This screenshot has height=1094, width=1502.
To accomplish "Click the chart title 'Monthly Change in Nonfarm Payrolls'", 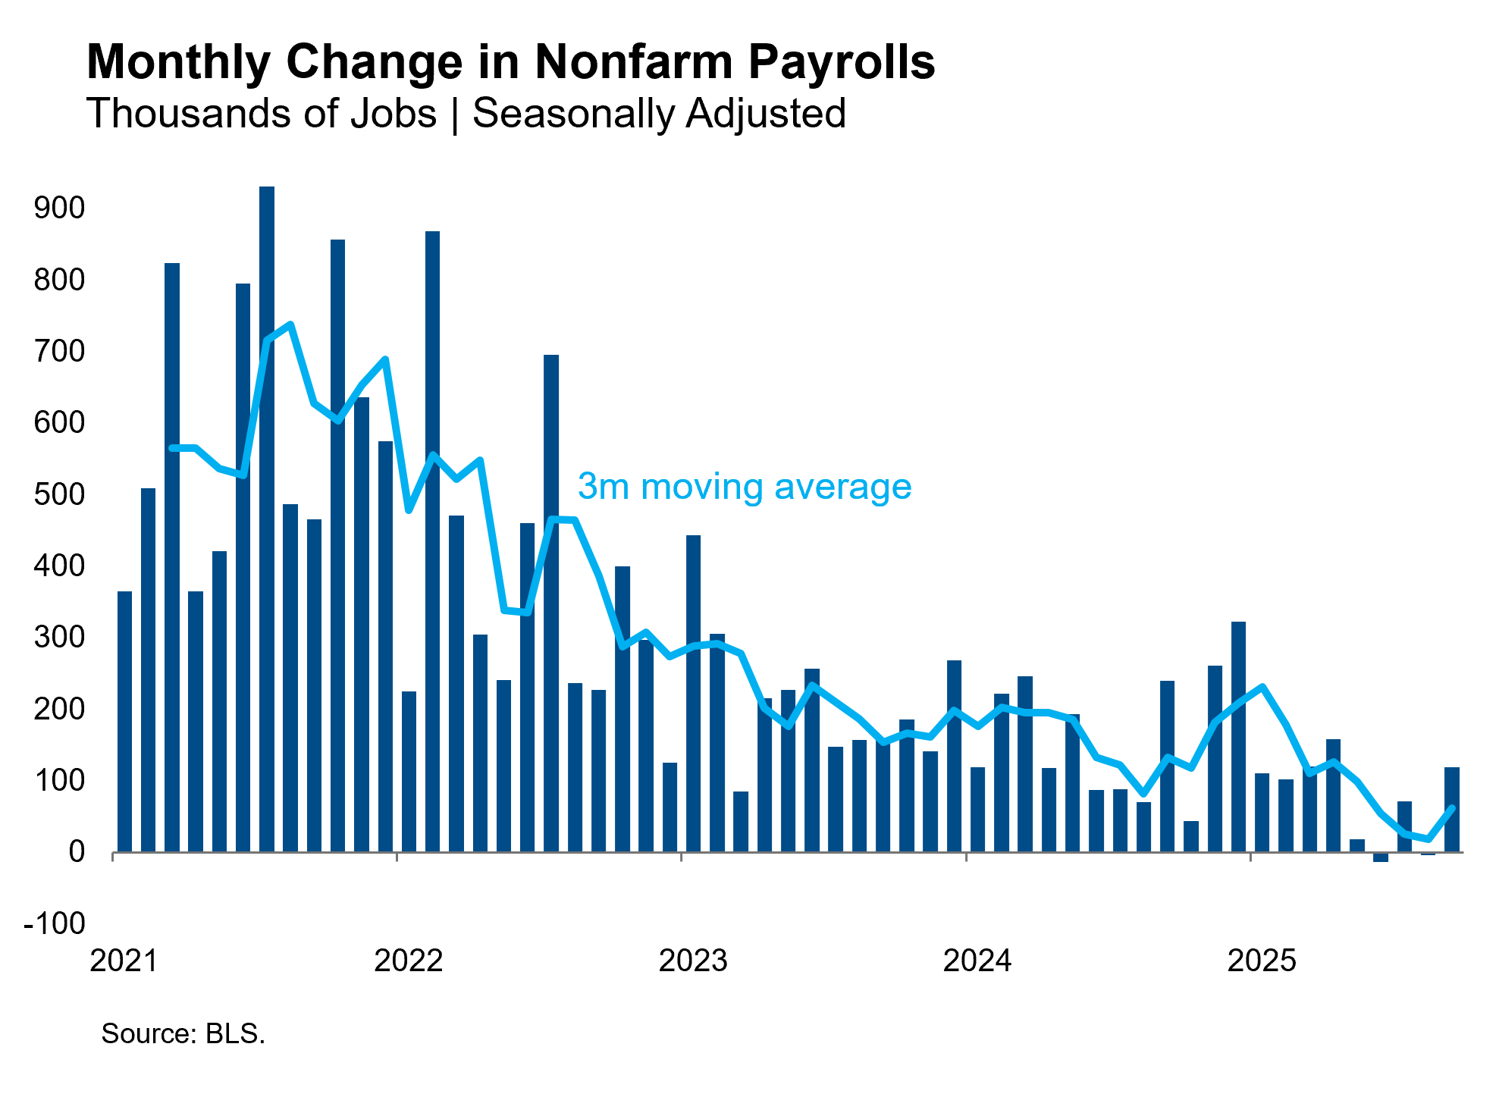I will click(x=510, y=61).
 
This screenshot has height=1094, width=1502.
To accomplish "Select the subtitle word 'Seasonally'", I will click(x=573, y=114).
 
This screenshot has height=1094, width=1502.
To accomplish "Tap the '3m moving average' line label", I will click(x=744, y=486).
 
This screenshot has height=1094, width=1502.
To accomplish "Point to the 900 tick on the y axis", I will click(x=59, y=208).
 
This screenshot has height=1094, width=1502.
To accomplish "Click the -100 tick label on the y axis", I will click(x=55, y=923).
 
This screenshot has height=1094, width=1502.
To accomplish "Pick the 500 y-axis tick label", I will click(x=59, y=494).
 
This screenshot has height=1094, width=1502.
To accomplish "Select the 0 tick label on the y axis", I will click(x=76, y=852).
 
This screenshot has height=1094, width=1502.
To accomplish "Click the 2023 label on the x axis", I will click(x=692, y=961).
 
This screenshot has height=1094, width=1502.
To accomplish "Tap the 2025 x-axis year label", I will click(x=1261, y=961).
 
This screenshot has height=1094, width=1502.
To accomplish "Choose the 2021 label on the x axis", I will click(x=124, y=961).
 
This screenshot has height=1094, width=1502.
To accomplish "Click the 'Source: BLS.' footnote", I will click(x=183, y=1033).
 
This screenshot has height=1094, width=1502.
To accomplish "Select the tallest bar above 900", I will click(x=267, y=516).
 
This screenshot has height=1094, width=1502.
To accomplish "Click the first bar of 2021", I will click(x=124, y=720).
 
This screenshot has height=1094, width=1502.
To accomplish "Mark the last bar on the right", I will click(x=1451, y=810).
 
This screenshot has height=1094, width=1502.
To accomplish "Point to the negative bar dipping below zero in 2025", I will click(x=1381, y=857).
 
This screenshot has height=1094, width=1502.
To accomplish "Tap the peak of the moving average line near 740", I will click(x=290, y=324).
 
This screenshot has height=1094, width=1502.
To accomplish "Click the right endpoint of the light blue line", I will click(x=1452, y=808).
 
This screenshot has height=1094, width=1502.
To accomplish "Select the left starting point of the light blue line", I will click(x=172, y=448).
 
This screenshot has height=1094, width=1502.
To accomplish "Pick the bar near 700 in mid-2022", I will click(x=551, y=603).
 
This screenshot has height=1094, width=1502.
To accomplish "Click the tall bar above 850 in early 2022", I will click(x=432, y=542).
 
